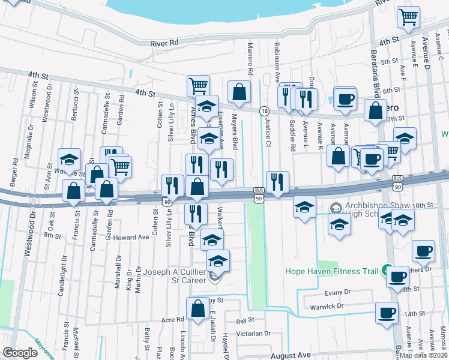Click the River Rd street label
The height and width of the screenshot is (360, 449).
(166, 43)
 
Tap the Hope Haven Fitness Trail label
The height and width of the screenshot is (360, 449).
(337, 271)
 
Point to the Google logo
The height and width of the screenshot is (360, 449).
(20, 353)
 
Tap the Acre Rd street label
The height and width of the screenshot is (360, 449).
(172, 320)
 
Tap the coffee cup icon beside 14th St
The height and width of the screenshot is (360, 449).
(387, 312)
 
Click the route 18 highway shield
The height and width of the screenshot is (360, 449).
(264, 111)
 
